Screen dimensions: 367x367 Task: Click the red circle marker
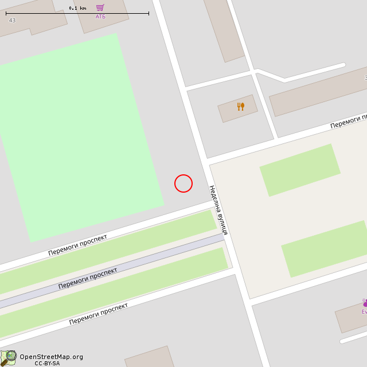pyautogui.click(x=183, y=183)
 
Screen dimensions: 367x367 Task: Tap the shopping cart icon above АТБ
pyautogui.click(x=100, y=7)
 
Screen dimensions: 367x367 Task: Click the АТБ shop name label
pyautogui.click(x=100, y=17)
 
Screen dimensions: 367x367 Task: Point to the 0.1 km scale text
pyautogui.click(x=77, y=8)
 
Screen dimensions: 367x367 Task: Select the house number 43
pyautogui.click(x=12, y=21)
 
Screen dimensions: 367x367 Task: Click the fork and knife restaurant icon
pyautogui.click(x=240, y=107)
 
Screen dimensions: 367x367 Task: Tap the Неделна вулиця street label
pyautogui.click(x=218, y=210)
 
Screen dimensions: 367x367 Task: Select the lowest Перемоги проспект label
pyautogui.click(x=98, y=314)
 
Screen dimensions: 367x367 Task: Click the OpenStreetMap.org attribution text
pyautogui.click(x=51, y=357)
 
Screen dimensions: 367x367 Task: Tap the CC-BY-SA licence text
pyautogui.click(x=47, y=364)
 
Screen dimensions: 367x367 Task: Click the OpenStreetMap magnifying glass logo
pyautogui.click(x=8, y=358)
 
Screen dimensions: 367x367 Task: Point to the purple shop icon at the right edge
pyautogui.click(x=364, y=303)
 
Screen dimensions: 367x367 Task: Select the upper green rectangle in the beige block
pyautogui.click(x=299, y=170)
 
